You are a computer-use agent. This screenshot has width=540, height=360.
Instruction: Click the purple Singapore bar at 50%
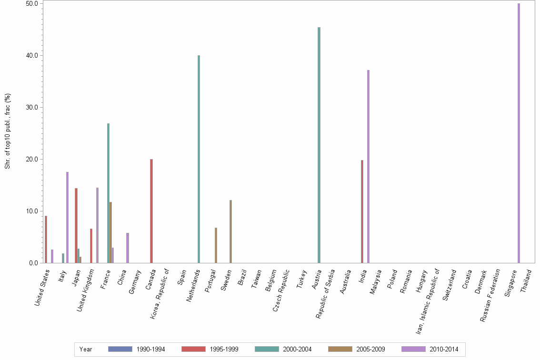coord(519,133)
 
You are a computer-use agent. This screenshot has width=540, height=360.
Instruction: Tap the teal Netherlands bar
coord(199,159)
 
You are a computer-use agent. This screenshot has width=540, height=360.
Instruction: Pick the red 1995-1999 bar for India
coord(362,211)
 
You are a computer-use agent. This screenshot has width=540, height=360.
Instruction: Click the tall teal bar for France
coord(109,193)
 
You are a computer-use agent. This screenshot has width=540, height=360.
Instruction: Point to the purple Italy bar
coord(68,217)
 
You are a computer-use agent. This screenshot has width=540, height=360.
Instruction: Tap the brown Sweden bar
coord(230,231)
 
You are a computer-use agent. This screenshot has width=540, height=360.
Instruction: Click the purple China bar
coord(128,248)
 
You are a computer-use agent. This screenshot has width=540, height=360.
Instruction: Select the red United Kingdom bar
coord(91,246)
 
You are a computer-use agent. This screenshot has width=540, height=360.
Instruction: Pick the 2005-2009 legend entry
coord(357,349)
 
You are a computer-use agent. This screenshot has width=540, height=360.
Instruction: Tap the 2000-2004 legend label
coord(297,349)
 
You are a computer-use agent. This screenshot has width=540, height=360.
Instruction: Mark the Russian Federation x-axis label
coord(490,295)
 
